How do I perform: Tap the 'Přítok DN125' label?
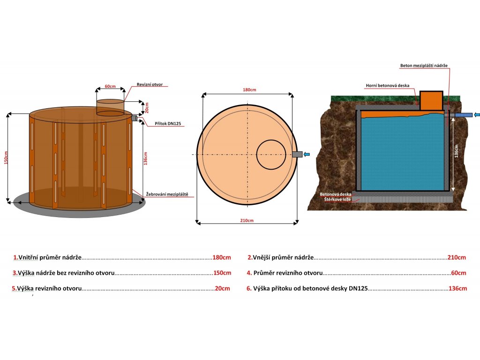(168, 124)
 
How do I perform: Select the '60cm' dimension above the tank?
(111, 87)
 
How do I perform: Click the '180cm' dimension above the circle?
(249, 90)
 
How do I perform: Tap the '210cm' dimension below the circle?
(247, 220)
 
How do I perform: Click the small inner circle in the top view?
(271, 154)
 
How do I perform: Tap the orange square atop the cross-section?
(431, 100)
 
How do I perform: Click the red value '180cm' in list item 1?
(222, 257)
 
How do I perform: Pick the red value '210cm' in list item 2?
(456, 257)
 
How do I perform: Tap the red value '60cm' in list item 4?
(458, 273)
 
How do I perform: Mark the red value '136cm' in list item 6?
(457, 289)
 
